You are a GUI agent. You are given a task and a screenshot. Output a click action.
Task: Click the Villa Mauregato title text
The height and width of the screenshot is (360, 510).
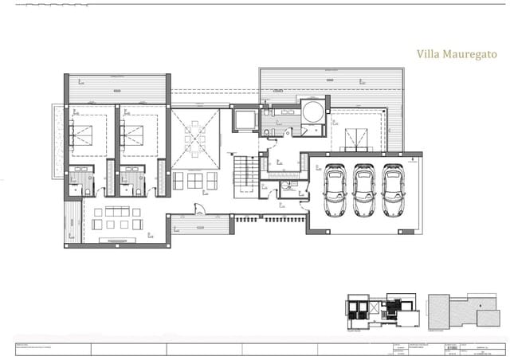click(457, 54)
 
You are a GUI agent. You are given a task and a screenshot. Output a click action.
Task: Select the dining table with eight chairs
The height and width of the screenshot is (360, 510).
click(195, 140)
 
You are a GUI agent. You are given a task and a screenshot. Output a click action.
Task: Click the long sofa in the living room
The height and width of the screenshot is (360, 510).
click(111, 211)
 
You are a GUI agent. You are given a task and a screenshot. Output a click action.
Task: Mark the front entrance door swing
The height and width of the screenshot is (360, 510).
click(199, 209)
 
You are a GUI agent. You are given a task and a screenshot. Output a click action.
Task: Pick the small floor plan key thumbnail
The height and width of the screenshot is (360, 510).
click(381, 311)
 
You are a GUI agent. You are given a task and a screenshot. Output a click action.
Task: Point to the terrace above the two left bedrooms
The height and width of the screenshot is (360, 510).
click(117, 87)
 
